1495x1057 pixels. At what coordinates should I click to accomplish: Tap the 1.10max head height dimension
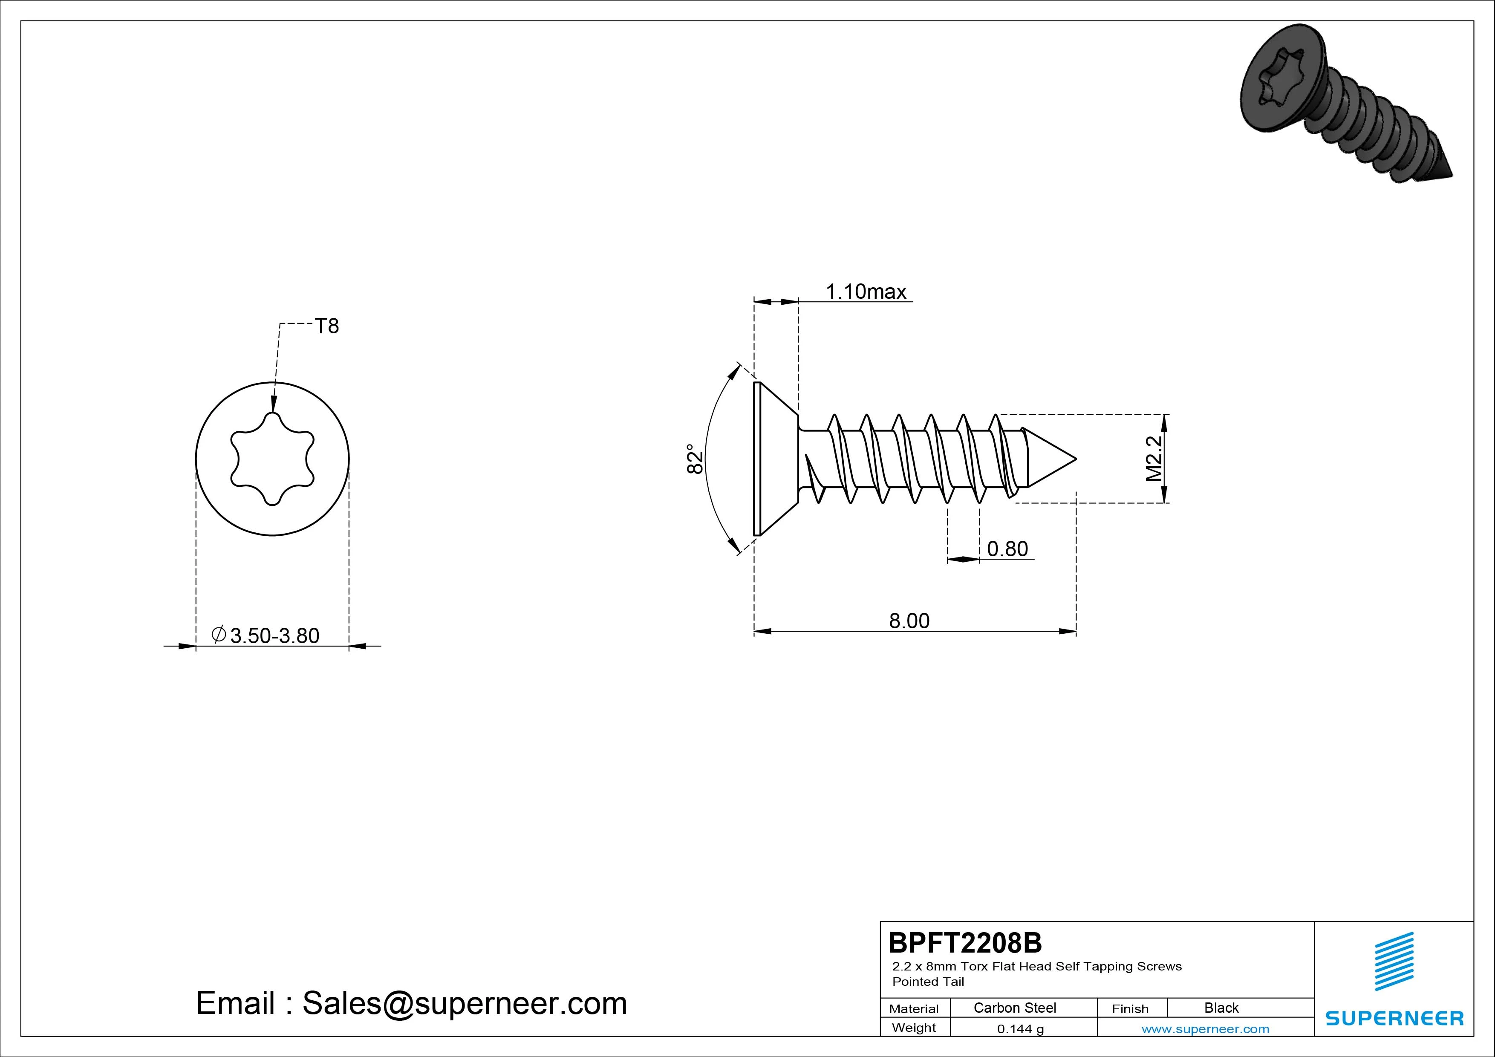click(x=866, y=292)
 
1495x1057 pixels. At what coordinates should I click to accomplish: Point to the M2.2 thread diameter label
click(x=1153, y=459)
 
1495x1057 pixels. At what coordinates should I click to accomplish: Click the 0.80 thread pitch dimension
click(x=1007, y=549)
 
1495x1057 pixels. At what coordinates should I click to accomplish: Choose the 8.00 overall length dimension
click(x=909, y=621)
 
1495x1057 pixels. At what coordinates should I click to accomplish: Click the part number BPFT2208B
click(x=965, y=942)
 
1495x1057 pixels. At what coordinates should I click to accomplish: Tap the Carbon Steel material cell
click(x=1014, y=1008)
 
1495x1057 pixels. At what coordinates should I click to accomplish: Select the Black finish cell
click(x=1221, y=1008)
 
